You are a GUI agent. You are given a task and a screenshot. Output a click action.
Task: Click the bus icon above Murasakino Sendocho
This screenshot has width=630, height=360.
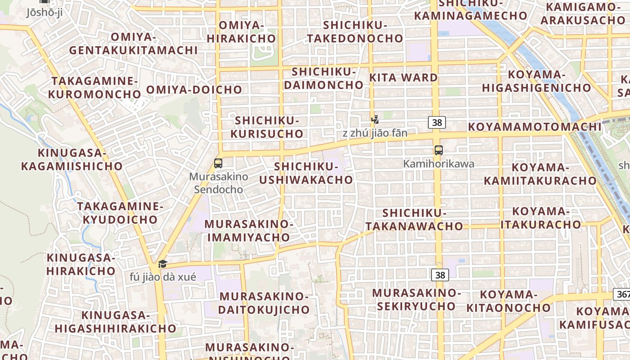click(218, 163)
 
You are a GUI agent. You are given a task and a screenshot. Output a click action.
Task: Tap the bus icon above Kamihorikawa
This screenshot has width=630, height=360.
click(438, 150)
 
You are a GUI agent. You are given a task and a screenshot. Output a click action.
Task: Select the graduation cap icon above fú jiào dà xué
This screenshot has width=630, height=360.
click(162, 264)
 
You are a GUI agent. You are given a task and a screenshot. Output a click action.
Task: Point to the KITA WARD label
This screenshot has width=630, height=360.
click(403, 77)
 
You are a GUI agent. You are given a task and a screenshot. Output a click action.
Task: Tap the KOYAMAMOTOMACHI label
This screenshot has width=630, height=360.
click(535, 127)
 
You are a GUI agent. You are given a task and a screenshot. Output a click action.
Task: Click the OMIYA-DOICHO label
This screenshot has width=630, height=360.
click(194, 90)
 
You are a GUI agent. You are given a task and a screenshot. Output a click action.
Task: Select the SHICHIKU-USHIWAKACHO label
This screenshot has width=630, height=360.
click(306, 173)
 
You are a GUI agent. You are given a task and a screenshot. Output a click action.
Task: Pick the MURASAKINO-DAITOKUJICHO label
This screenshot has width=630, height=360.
click(264, 303)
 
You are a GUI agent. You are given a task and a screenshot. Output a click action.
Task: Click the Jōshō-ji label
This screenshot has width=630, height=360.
click(44, 12)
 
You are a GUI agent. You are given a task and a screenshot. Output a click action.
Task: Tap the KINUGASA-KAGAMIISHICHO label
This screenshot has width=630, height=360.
click(72, 160)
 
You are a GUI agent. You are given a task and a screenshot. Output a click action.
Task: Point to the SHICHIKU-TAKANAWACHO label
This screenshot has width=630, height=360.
click(414, 219)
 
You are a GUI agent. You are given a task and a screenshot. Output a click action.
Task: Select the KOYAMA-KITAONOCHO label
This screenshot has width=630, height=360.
click(508, 301)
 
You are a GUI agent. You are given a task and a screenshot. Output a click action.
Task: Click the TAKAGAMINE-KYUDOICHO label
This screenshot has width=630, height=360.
click(120, 213)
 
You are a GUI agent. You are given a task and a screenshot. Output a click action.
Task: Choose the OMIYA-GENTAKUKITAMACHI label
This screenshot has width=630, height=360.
click(133, 44)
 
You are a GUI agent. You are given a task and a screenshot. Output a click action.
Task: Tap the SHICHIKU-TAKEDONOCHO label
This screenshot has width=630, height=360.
click(355, 31)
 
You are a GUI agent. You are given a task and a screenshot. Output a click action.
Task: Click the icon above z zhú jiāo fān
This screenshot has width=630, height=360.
click(375, 120)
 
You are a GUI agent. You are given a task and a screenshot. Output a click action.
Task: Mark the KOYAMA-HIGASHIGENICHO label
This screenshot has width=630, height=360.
click(536, 81)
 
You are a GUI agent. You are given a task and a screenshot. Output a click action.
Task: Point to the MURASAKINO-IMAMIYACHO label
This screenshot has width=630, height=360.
click(249, 230)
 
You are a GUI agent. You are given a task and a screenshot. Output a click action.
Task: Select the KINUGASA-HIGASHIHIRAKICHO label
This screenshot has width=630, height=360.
click(115, 322)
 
